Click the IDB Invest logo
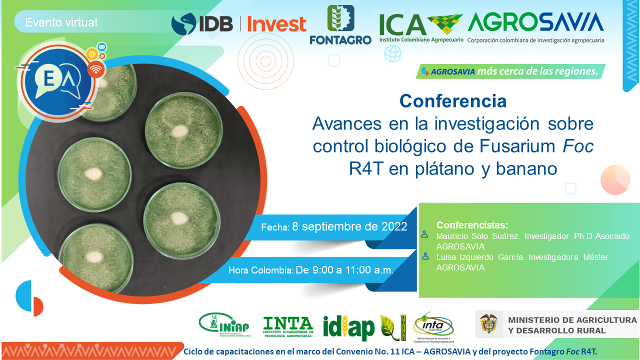click(238, 24)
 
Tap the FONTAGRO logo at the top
click(340, 25)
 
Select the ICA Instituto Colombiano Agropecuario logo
click(421, 27)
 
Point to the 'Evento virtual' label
click(61, 22)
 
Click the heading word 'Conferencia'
click(452, 101)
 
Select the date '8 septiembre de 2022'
click(349, 226)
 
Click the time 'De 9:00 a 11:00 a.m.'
click(345, 270)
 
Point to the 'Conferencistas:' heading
click(472, 224)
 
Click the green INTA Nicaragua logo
click(288, 326)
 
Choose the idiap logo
click(348, 328)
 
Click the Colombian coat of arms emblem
click(488, 324)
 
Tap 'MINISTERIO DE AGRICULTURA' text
click(572, 319)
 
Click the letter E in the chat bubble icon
click(48, 79)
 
